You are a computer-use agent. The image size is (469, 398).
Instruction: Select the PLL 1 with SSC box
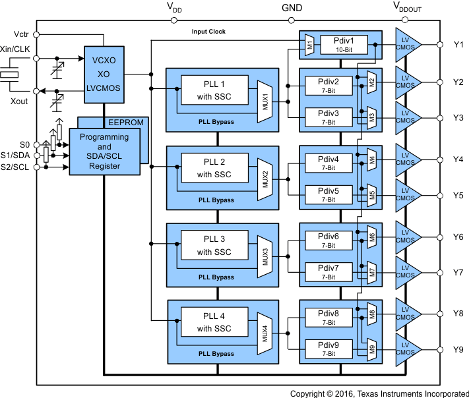214,90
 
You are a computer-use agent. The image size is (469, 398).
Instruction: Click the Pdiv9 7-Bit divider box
328,349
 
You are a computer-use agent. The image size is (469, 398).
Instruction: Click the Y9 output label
458,349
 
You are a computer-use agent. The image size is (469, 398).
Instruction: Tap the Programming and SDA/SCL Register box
105,152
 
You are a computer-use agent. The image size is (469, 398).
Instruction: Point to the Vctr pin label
20,34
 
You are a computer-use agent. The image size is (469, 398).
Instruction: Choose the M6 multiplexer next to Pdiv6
371,237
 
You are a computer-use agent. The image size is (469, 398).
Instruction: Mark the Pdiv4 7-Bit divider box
328,163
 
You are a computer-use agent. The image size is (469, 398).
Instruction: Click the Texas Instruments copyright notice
379,393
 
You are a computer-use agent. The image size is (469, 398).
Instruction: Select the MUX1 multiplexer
265,101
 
